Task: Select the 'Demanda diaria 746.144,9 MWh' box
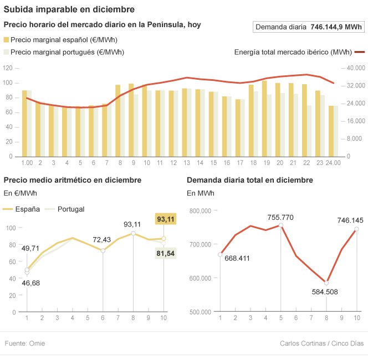pyautogui.click(x=308, y=27)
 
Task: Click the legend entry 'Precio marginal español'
pyautogui.click(x=64, y=40)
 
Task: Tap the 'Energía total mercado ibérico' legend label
pyautogui.click(x=293, y=52)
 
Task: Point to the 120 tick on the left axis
pyautogui.click(x=8, y=68)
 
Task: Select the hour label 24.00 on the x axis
pyautogui.click(x=333, y=163)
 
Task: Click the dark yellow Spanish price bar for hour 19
pyautogui.click(x=264, y=119)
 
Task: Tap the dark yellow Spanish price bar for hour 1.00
pyautogui.click(x=24, y=123)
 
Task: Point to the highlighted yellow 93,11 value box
pyautogui.click(x=166, y=219)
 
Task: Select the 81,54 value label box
pyautogui.click(x=166, y=253)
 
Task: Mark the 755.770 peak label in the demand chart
pyautogui.click(x=280, y=217)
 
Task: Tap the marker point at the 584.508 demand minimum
pyautogui.click(x=326, y=282)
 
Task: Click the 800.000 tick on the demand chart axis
pyautogui.click(x=201, y=210)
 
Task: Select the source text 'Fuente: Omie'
pyautogui.click(x=25, y=343)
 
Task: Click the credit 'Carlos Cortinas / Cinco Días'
pyautogui.click(x=321, y=343)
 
